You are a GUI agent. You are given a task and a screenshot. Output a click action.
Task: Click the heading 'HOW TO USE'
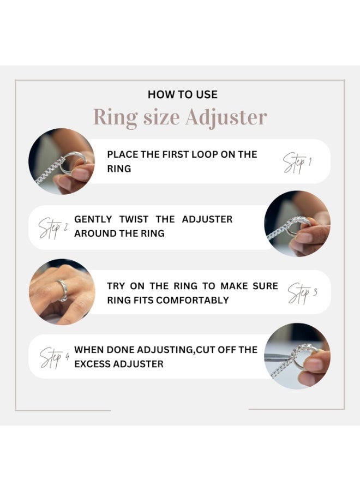[183, 94]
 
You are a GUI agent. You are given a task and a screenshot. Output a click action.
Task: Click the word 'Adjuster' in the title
[226, 117]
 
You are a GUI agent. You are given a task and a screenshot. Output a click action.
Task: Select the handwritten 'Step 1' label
[297, 163]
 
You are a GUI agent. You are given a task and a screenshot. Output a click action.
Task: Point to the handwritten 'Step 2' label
[53, 228]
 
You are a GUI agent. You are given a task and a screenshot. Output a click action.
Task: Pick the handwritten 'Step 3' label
[302, 293]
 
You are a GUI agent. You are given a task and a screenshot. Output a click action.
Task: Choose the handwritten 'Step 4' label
[54, 357]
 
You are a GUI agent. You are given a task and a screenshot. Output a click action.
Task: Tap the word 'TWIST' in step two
[134, 219]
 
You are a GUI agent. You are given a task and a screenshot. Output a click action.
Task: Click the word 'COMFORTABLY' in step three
[193, 300]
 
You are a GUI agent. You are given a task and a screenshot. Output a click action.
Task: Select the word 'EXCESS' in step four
[92, 364]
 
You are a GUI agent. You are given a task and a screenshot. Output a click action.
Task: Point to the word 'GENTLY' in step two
[93, 219]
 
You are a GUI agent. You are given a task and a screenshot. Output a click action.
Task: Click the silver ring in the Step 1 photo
[73, 162]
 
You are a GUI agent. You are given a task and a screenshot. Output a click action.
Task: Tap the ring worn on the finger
[63, 290]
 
